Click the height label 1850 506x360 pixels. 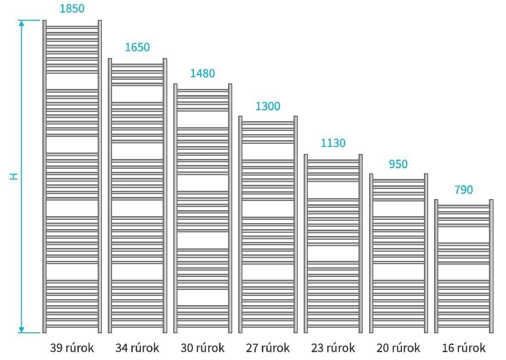(72, 8)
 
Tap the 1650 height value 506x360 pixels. (137, 47)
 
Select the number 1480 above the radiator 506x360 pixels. (202, 74)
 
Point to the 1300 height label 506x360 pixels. (268, 106)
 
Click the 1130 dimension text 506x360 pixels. (333, 143)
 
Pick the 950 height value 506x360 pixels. (398, 164)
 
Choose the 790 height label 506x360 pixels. (464, 190)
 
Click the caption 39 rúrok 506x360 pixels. (72, 348)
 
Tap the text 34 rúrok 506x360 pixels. (137, 348)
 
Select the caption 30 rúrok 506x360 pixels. (202, 348)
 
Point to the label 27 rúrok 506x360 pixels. (268, 348)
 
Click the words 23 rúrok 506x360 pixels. (333, 348)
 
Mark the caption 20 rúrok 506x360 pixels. (398, 348)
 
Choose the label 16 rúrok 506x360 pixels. (464, 348)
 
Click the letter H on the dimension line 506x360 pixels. (13, 176)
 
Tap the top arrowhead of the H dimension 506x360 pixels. (21, 23)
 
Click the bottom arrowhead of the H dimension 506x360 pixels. (21, 330)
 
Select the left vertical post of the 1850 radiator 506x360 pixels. (45, 176)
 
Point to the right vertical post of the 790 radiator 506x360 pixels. (491, 266)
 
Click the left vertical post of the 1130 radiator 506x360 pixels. (306, 243)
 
